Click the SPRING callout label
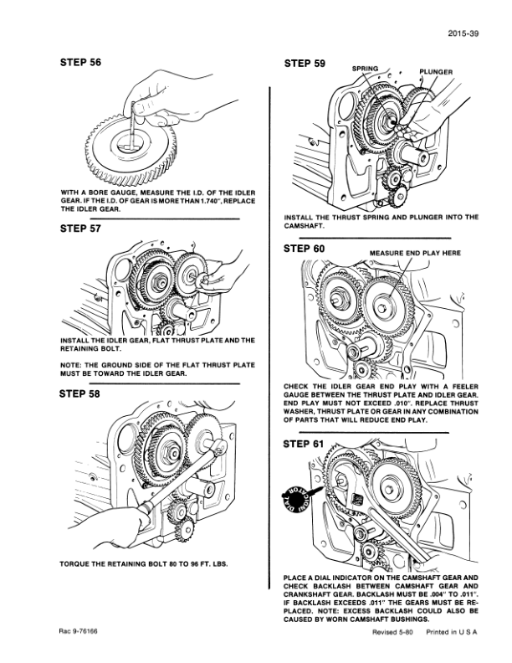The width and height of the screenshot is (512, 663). click(366, 69)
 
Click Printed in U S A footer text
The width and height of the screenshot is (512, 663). click(452, 633)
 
